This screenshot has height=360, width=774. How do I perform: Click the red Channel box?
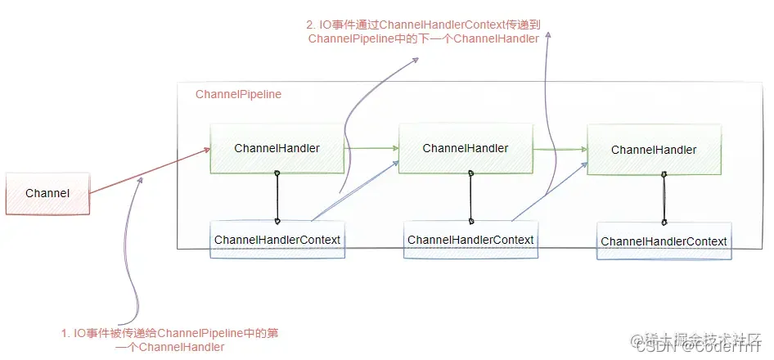pos(47,194)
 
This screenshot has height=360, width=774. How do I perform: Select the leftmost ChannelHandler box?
pos(277,148)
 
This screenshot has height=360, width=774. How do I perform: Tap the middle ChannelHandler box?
pos(466,148)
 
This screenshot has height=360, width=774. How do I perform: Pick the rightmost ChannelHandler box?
pos(654,150)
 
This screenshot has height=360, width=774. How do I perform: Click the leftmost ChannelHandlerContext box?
pos(277,241)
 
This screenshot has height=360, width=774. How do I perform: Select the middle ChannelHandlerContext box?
pos(470,241)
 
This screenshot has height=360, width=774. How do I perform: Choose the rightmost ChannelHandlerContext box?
pos(664,241)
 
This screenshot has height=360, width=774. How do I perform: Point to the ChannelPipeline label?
pos(238,94)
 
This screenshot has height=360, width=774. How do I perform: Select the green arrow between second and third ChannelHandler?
pos(560,149)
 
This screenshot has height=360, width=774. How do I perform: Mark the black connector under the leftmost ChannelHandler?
pos(277,196)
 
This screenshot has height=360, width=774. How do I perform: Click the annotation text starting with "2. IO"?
pos(424,31)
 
